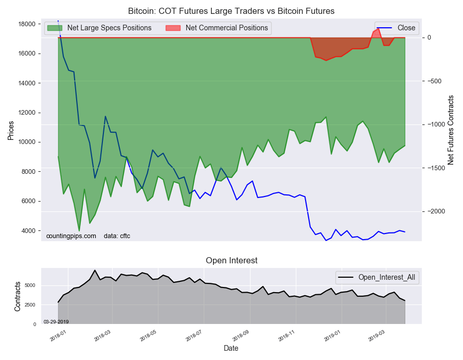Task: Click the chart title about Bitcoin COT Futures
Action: coord(231,11)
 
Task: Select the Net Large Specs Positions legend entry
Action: coord(99,28)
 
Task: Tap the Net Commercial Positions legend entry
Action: coord(217,28)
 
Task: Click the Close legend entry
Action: coord(397,28)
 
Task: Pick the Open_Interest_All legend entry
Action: coord(377,277)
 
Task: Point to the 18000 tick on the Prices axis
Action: coord(27,24)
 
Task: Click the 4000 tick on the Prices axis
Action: coord(29,231)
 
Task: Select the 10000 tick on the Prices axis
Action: coord(27,142)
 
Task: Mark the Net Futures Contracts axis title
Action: coord(451,130)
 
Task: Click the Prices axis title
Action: coord(11,131)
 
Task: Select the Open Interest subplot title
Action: coord(232,261)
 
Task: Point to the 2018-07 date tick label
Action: coord(193,336)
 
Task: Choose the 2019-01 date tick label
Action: coord(332,336)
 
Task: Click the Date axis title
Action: coord(231,349)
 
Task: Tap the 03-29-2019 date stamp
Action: coord(56,321)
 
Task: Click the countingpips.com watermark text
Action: coord(71,236)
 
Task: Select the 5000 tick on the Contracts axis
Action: coord(30,285)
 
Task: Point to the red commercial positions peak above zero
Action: coord(379,29)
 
